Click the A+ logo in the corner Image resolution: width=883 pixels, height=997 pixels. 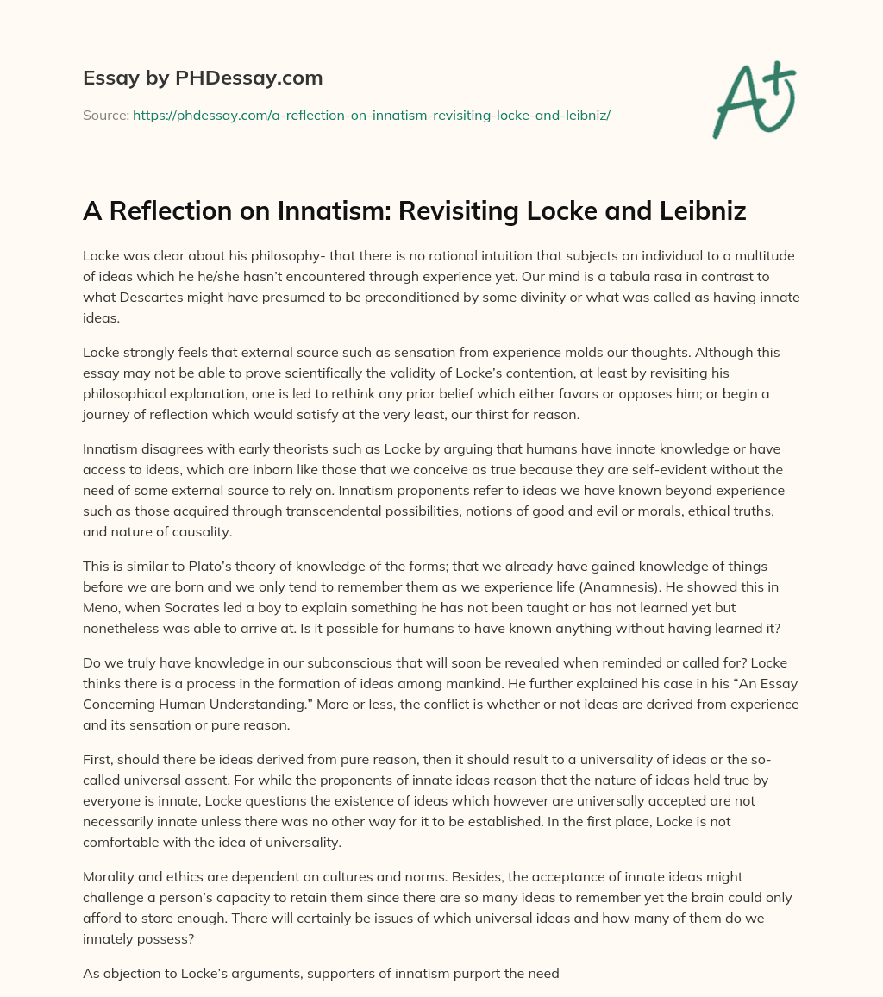pyautogui.click(x=753, y=100)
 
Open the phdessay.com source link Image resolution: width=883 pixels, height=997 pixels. pyautogui.click(x=371, y=115)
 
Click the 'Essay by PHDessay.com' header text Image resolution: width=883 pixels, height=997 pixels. pyautogui.click(x=203, y=78)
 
